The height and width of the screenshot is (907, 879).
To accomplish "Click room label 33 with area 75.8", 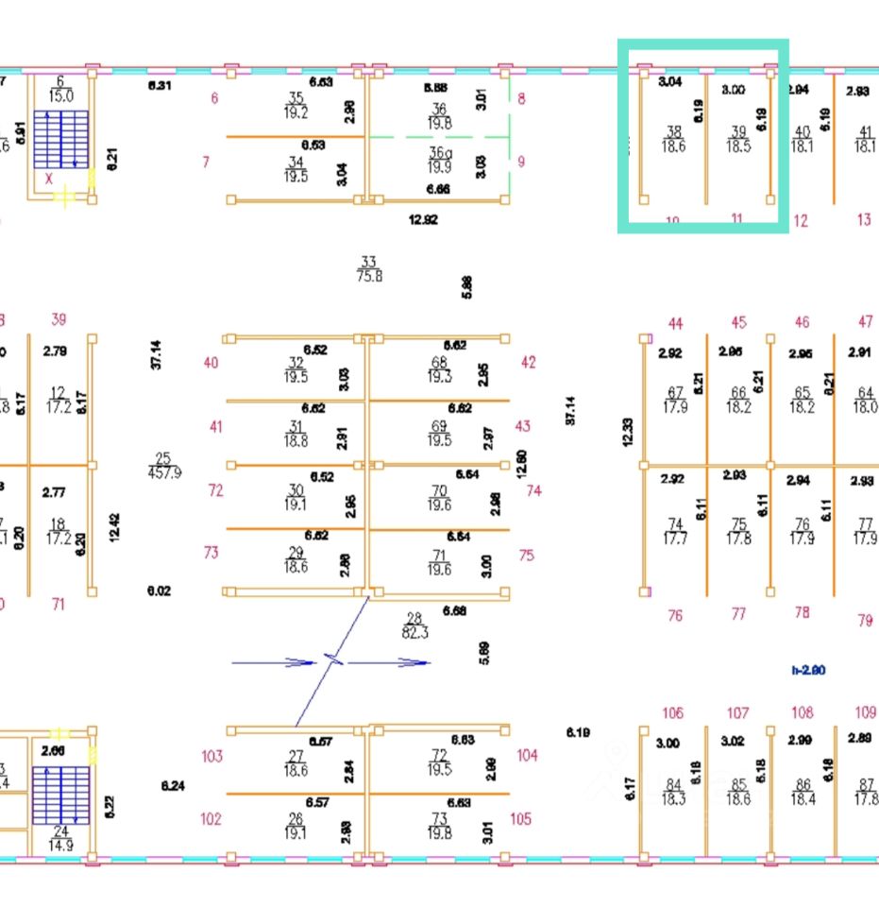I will tap(368, 269).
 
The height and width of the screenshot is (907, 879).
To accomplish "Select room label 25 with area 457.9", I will tap(163, 466).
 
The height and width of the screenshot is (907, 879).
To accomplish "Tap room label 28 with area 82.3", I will tap(415, 625).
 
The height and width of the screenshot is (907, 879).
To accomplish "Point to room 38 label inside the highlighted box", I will tap(674, 140).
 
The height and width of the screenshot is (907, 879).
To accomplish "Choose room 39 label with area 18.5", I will tap(738, 140).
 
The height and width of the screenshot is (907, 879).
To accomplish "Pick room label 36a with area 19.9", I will tap(440, 161).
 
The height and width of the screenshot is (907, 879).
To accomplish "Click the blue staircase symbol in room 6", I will tap(61, 140).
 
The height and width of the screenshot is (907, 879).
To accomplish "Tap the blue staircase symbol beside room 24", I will tap(61, 796).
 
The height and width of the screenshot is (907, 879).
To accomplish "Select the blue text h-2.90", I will tap(809, 670).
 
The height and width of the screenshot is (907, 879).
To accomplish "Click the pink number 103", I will tap(211, 756).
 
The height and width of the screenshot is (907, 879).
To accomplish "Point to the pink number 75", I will tap(526, 555).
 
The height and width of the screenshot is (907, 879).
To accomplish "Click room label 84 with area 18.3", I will tap(673, 792).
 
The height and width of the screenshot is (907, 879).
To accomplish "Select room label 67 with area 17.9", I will tap(675, 401).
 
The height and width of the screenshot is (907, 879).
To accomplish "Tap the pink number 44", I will tap(675, 324).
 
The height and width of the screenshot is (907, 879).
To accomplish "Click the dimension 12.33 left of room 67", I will tap(629, 432).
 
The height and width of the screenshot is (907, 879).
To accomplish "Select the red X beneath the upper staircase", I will tap(48, 178).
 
